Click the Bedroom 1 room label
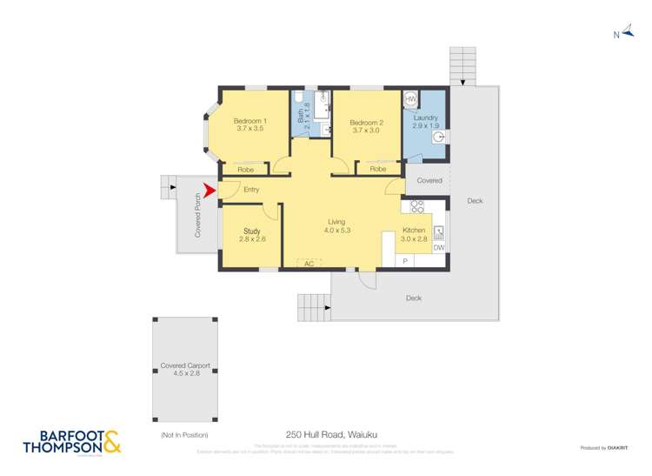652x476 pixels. point(249,124)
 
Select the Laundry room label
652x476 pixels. point(425,122)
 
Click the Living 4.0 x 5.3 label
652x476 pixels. point(336,226)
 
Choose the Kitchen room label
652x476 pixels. point(413,235)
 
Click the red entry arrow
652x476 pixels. point(209,190)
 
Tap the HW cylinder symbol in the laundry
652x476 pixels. point(411,100)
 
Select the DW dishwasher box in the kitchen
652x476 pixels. point(439,248)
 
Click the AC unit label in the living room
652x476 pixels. point(308,263)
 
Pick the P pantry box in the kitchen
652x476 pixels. point(405,261)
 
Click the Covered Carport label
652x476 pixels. point(185,369)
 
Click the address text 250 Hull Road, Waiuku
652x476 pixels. point(331,433)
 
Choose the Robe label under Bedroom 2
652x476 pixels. point(378,169)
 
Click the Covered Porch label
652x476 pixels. point(197,215)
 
